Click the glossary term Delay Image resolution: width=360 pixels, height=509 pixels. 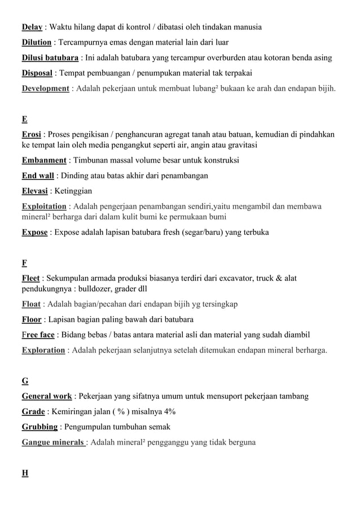click(x=32, y=27)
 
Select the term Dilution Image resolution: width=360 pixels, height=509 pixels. click(x=37, y=42)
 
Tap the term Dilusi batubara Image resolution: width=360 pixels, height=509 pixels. click(x=50, y=58)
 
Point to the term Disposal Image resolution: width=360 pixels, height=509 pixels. click(x=37, y=73)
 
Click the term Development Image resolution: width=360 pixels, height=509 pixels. click(x=45, y=89)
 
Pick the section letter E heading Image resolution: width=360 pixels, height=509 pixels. click(x=24, y=119)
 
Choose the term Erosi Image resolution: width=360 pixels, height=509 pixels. click(x=32, y=134)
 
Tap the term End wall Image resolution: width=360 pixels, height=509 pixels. click(x=38, y=176)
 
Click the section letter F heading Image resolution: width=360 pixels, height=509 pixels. click(x=24, y=263)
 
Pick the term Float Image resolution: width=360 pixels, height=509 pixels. click(x=31, y=305)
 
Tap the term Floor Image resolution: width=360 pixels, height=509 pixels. click(x=32, y=320)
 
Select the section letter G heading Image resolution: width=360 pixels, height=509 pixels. click(x=25, y=381)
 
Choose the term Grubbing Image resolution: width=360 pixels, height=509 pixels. click(x=39, y=427)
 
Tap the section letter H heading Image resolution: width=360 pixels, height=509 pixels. click(x=25, y=473)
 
